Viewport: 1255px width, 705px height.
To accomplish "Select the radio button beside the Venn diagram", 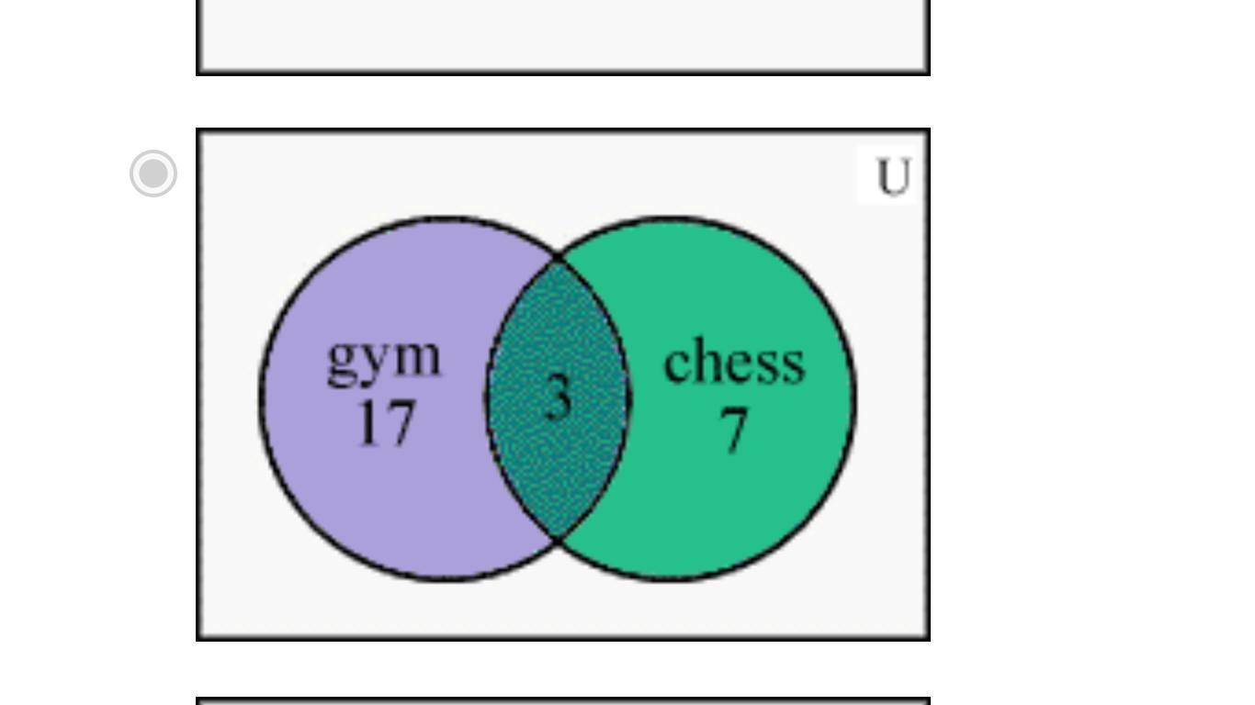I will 153,173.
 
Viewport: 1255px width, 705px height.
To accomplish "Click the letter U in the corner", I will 893,177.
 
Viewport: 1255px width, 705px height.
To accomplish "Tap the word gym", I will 385,359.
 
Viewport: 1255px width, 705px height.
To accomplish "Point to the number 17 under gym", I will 386,423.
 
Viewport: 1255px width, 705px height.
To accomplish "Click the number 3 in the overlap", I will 558,398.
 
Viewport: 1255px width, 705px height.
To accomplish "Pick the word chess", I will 733,362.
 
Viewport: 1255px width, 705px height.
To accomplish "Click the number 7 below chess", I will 733,429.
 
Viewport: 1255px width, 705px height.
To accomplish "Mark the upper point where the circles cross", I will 558,256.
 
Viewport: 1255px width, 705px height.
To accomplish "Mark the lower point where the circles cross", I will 558,540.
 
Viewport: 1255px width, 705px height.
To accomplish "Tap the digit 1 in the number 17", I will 368,423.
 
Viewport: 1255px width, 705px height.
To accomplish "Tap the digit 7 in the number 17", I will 401,424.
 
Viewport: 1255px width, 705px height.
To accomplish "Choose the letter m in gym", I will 418,357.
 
